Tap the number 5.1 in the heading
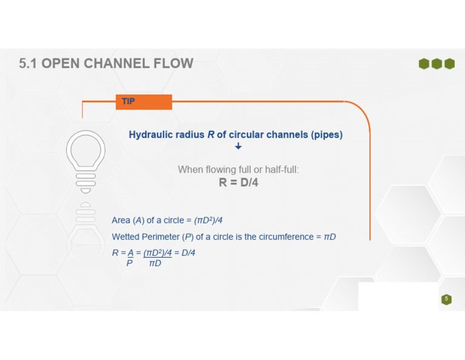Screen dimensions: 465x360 click(28, 64)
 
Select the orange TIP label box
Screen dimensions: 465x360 click(144, 102)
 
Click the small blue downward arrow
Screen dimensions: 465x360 click(238, 146)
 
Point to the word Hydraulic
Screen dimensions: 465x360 click(151, 135)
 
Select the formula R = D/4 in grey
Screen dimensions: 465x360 click(239, 182)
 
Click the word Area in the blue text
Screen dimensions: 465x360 click(121, 220)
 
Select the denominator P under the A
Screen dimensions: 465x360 click(130, 263)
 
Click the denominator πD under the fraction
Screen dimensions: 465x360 click(155, 263)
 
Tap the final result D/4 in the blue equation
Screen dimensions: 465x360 click(188, 253)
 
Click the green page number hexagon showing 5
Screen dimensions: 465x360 click(446, 299)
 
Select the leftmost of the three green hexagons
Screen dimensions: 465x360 click(424, 64)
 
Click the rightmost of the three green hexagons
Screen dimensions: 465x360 click(450, 64)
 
